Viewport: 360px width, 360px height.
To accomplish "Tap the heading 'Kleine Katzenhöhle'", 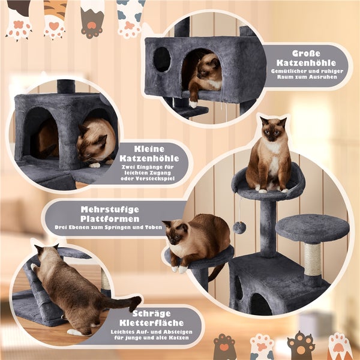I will (148, 152).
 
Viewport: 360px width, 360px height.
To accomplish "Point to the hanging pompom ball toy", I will (239, 227).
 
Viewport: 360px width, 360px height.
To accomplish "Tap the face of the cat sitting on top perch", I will (272, 130).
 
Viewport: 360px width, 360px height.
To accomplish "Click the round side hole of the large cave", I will (161, 59).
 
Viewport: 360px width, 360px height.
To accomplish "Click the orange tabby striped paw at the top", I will (55, 18).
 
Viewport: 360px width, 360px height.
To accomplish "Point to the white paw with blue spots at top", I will (130, 18).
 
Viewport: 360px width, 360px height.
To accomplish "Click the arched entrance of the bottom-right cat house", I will (259, 305).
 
